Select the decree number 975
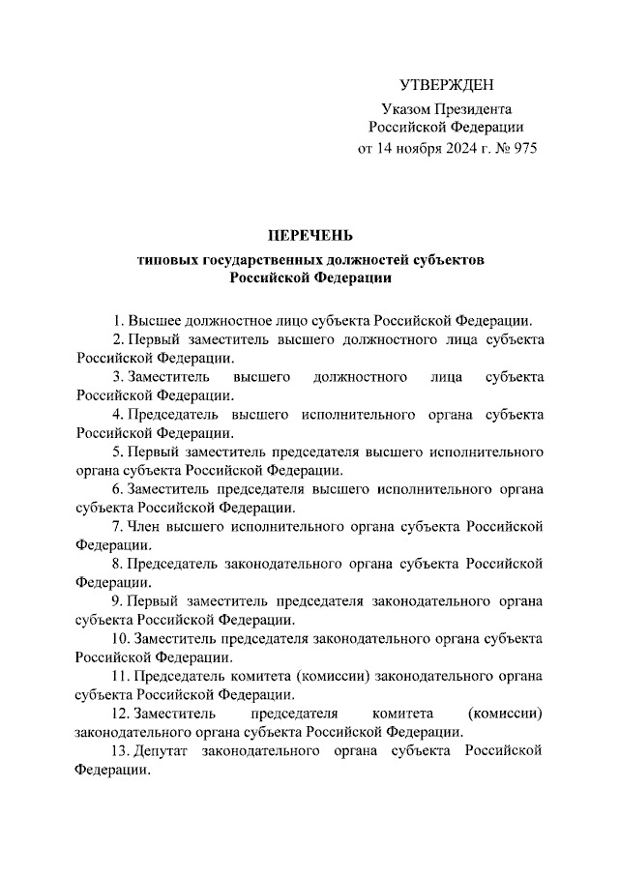click(x=522, y=149)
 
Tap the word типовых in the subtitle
click(x=168, y=260)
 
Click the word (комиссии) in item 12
click(x=504, y=713)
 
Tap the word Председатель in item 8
click(x=173, y=564)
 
